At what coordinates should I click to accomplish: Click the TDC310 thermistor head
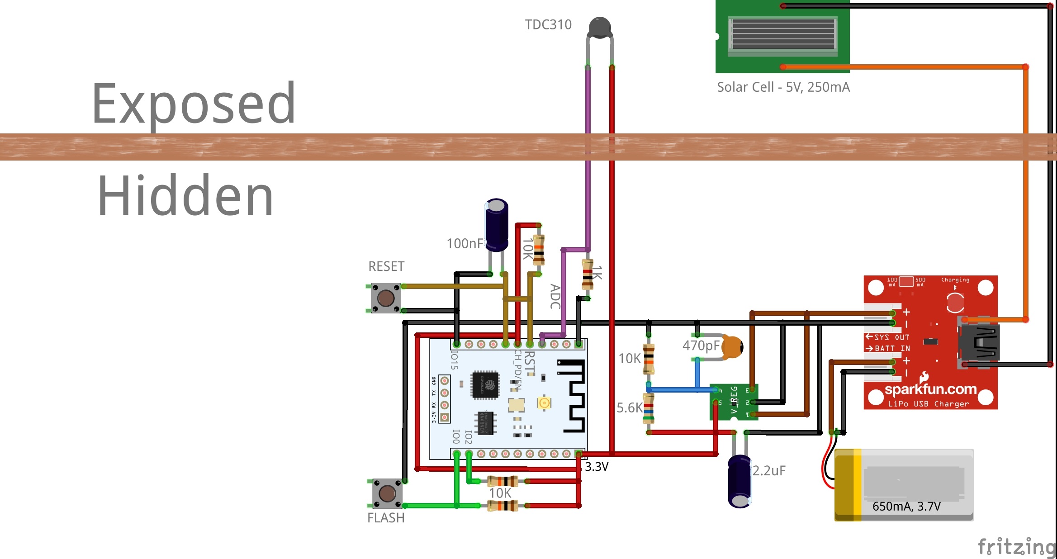(600, 27)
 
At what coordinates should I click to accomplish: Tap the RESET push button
(386, 298)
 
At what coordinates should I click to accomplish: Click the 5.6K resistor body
(649, 408)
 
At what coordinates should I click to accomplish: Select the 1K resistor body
(588, 274)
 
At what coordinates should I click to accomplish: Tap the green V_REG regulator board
(734, 402)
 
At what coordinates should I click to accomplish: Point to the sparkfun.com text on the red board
(930, 389)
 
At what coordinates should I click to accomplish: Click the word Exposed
(194, 104)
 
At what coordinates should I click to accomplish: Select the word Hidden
(185, 196)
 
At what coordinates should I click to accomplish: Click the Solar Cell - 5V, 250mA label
(783, 87)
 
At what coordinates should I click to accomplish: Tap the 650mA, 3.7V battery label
(906, 506)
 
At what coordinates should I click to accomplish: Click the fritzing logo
(1016, 547)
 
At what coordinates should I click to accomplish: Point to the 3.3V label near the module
(597, 467)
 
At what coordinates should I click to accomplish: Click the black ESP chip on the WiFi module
(485, 385)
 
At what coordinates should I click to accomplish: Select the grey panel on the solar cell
(783, 34)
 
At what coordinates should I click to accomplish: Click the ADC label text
(555, 297)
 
